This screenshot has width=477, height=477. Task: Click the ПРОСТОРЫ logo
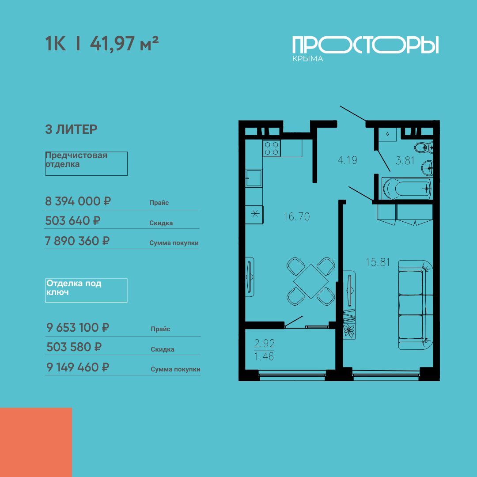point(365,45)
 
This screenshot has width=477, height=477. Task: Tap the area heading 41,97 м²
point(124,43)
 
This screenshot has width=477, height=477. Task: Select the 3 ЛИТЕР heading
point(71,129)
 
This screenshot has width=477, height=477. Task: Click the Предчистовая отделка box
point(87,163)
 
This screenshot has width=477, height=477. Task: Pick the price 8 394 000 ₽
point(78,201)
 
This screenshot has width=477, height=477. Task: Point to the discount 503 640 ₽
point(73,220)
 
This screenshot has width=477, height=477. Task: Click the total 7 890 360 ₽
point(77,241)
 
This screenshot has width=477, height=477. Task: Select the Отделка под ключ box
point(86,290)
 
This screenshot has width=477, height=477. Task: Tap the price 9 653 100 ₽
point(78,328)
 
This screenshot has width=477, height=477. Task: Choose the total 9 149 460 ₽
point(78,367)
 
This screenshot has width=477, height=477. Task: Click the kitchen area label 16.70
point(297,216)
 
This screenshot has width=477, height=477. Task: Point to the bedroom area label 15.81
point(378,262)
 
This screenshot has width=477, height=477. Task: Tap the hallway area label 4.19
point(348,160)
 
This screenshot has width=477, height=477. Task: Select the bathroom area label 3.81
point(405,160)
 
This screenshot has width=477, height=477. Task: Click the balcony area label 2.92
point(265,344)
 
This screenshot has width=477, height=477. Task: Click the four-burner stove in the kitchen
point(272,148)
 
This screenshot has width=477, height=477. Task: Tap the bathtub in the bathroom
point(407,189)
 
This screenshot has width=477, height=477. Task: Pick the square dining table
point(310,281)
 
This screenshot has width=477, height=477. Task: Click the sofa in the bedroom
point(415,305)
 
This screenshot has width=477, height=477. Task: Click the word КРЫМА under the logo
point(307,59)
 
